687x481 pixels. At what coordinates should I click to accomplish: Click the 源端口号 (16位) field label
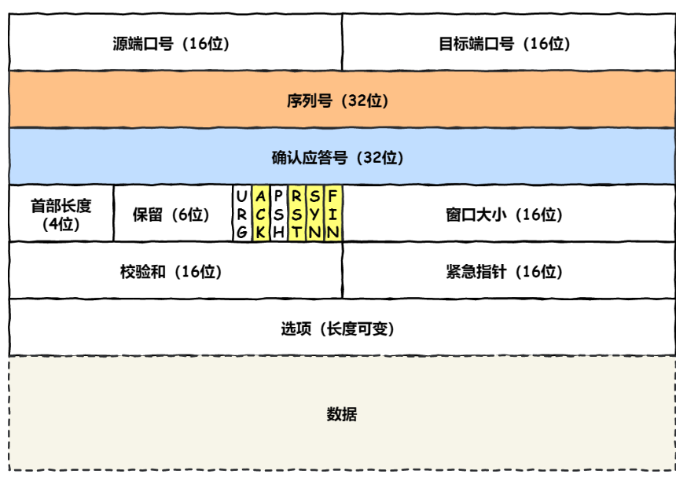coord(171,44)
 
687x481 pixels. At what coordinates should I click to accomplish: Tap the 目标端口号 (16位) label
coord(505,44)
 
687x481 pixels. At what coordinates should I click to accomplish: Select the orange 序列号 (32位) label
coord(337,101)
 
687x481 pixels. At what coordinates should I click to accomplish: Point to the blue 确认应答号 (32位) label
coord(337,158)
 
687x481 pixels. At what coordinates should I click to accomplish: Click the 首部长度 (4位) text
coord(61,215)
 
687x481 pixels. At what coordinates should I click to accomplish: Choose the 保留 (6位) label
coord(171,215)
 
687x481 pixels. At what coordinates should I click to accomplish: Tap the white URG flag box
coord(242,214)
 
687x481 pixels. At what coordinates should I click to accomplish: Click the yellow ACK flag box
coord(261,214)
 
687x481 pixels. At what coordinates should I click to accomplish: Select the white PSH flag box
coord(279,214)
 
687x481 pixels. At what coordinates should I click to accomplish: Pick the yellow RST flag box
coord(296,214)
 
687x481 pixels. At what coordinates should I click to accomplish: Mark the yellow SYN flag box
coord(315,214)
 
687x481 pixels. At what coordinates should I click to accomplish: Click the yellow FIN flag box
coord(333,214)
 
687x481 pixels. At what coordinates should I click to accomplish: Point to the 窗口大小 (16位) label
coord(505,215)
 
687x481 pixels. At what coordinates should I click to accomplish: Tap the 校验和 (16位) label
coord(171,272)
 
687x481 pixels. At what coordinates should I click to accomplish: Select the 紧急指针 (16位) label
coord(505,272)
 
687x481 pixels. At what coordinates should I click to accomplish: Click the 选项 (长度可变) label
coord(337,329)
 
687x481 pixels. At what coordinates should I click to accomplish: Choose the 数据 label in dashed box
coord(342,414)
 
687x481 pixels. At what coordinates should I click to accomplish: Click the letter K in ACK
coord(261,232)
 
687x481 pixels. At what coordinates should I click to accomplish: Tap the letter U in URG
coord(242,196)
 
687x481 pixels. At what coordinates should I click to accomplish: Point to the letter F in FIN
coord(333,196)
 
